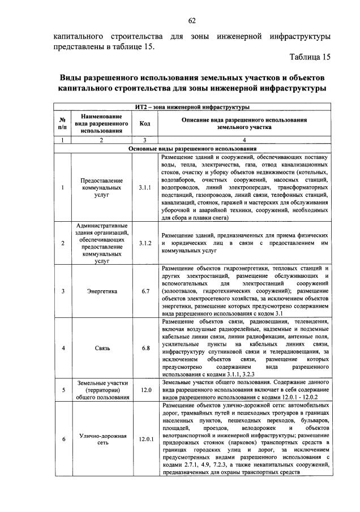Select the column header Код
coord(144,123)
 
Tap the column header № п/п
coord(62,123)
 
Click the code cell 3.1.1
coord(144,186)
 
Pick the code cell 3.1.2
coord(144,243)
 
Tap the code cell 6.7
coord(144,291)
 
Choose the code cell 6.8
coord(144,348)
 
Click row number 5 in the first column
coord(62,390)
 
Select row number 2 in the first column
coord(62,243)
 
